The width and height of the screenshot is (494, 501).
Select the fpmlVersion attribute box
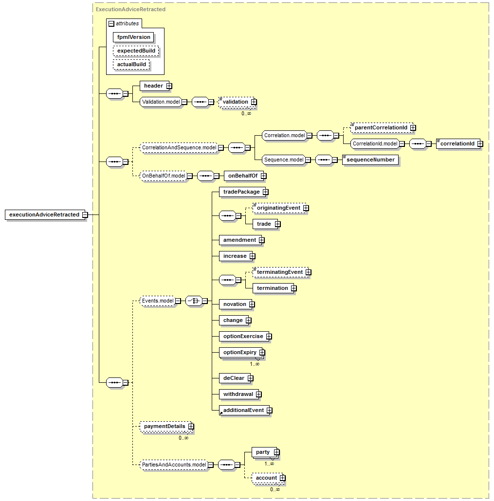133,37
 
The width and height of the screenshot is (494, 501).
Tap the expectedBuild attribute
136,51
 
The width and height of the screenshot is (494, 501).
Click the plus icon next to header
169,86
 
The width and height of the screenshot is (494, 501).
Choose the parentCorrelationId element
382,128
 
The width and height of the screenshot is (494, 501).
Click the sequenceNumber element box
370,160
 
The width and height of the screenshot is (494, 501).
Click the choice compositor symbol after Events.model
194,301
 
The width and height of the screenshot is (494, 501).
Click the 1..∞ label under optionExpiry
255,364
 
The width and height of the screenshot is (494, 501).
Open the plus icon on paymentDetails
191,427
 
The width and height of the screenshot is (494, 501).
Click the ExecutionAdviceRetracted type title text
130,10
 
